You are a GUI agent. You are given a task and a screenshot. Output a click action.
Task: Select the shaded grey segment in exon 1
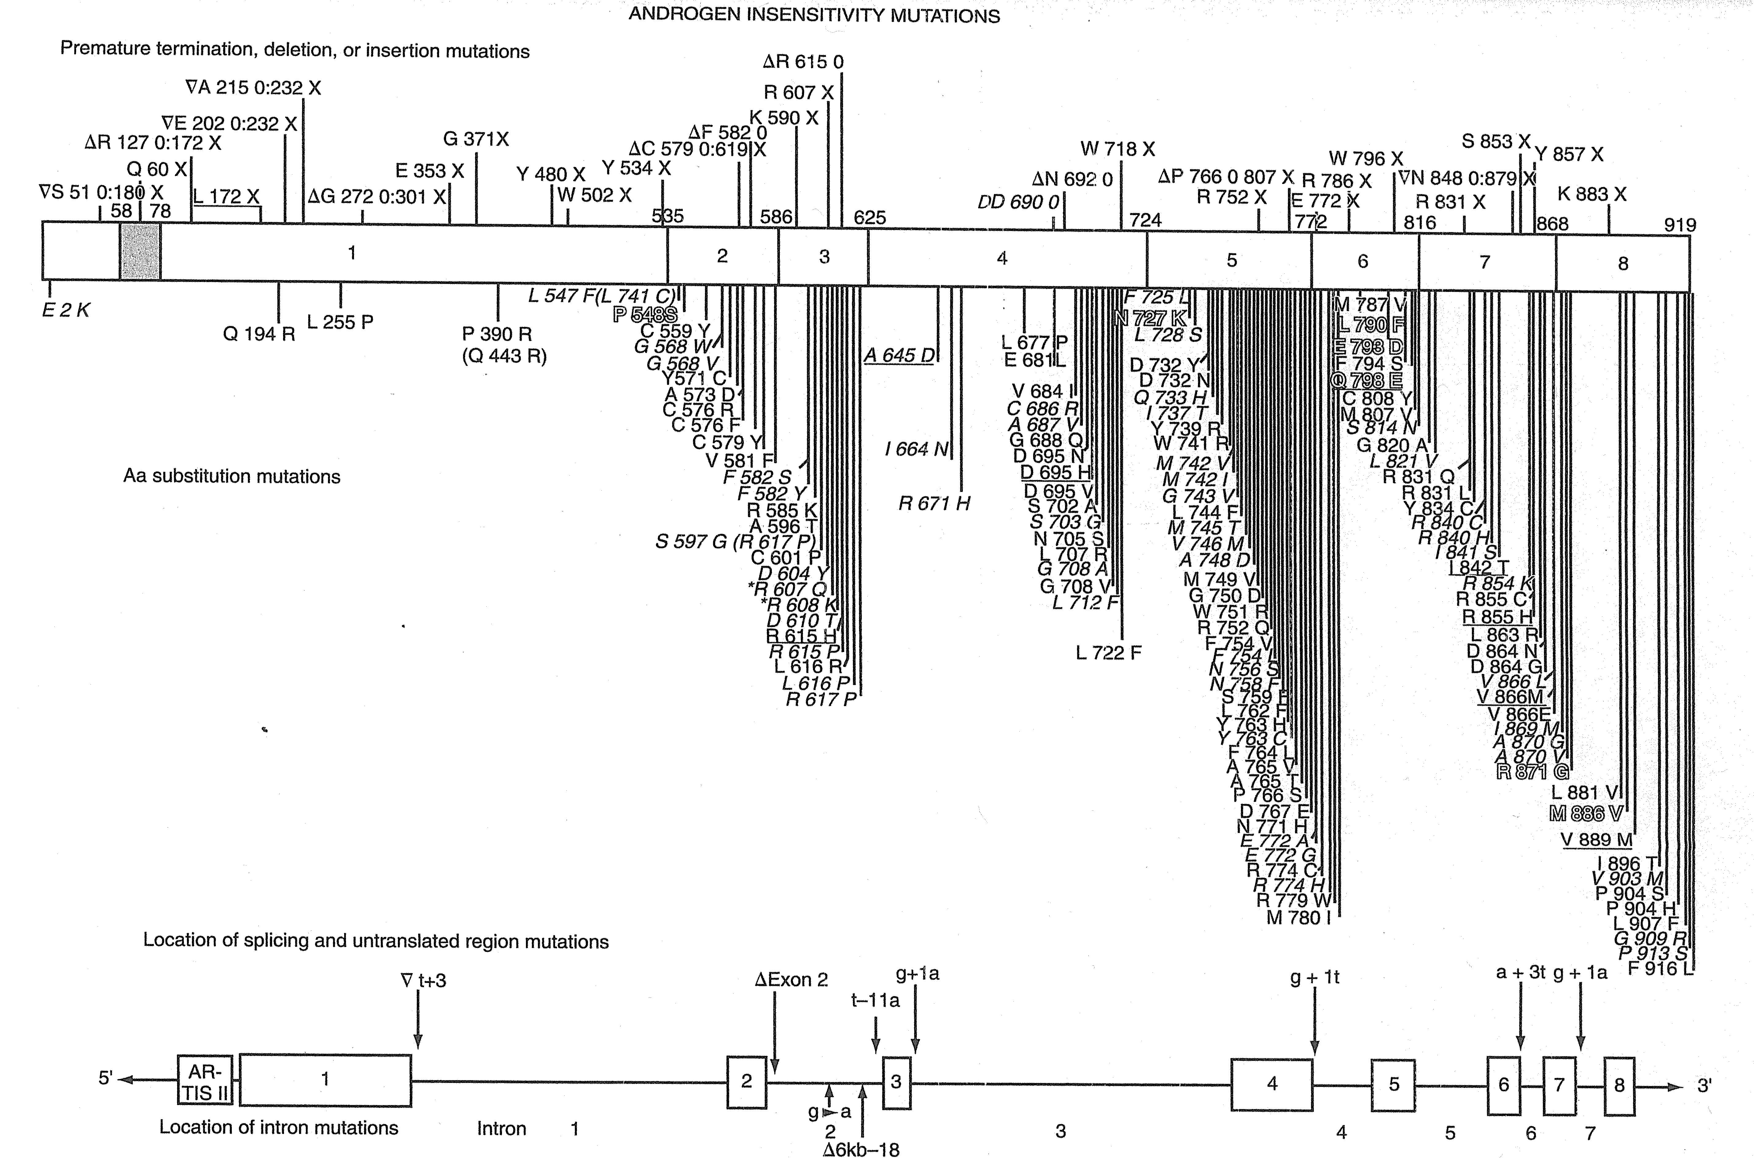(140, 252)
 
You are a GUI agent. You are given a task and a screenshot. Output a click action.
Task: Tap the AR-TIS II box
(205, 1082)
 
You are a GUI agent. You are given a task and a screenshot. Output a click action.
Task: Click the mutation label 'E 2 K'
(65, 310)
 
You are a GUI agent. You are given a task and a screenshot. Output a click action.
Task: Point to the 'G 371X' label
(476, 139)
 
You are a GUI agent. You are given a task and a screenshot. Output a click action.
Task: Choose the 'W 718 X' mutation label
(1117, 149)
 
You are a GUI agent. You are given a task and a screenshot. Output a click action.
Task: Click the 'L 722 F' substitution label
(1108, 653)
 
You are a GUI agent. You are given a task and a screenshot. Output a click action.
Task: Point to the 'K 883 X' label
(1592, 194)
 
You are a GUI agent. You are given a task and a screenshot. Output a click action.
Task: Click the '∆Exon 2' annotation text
(791, 980)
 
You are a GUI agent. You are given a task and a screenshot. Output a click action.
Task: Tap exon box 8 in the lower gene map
(1619, 1085)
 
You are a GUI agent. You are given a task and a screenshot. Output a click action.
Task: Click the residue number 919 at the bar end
(1679, 225)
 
